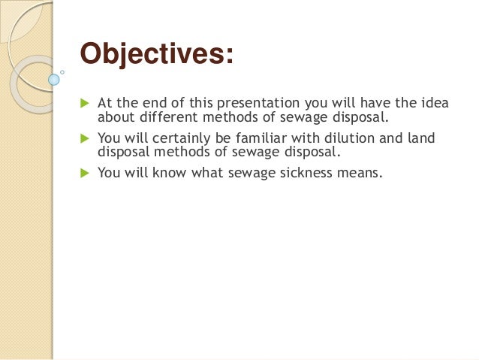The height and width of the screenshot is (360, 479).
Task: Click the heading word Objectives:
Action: tap(156, 55)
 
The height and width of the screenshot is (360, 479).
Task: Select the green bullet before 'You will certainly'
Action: tap(83, 138)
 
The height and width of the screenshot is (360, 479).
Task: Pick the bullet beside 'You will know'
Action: tap(83, 172)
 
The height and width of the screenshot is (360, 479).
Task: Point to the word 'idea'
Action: tap(435, 104)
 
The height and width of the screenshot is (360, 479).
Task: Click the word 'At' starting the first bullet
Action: tap(105, 104)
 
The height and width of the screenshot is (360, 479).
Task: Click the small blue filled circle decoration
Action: tap(53, 78)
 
